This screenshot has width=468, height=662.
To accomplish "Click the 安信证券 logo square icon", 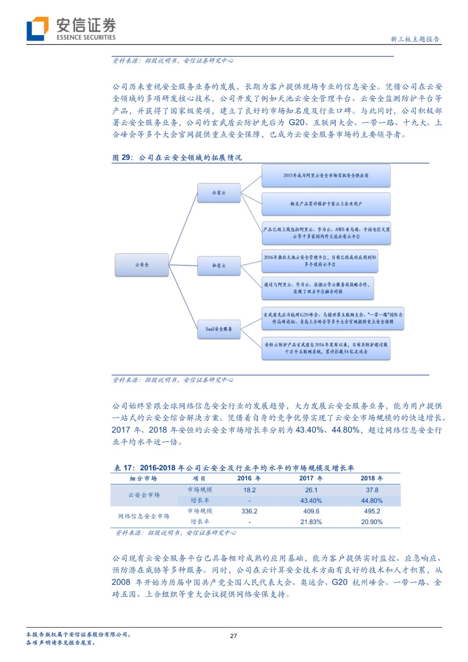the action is point(38,29).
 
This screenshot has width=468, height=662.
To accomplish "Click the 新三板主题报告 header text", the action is point(415,39).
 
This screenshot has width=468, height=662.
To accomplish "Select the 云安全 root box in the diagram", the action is point(142,265).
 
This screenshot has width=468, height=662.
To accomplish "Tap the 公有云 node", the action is point(219,192).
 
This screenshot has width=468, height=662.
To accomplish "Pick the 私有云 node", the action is point(219,266).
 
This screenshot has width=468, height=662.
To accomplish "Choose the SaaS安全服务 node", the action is point(219,329).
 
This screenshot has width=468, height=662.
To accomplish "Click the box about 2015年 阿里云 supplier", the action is point(326,176).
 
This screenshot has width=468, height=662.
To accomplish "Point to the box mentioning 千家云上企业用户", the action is point(326,204).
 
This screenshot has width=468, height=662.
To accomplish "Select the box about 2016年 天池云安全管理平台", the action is point(320,261).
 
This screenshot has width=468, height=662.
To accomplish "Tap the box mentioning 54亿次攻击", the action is point(326,348).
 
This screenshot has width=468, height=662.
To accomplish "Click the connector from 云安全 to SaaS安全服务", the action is point(183,297).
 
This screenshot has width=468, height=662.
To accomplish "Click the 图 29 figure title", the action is point(177,157).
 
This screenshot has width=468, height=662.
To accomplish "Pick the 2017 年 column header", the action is point(311,478).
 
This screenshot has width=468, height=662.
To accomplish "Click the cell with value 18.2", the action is point(249,490).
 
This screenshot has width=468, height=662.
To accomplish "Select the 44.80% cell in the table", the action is point(372,501).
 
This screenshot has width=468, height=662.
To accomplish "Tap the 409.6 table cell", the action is point(311,511).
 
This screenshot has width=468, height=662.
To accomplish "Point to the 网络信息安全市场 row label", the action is point(143,516).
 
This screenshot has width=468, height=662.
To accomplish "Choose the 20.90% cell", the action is point(372,522).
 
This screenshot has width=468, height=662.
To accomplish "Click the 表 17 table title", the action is point(234,468).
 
